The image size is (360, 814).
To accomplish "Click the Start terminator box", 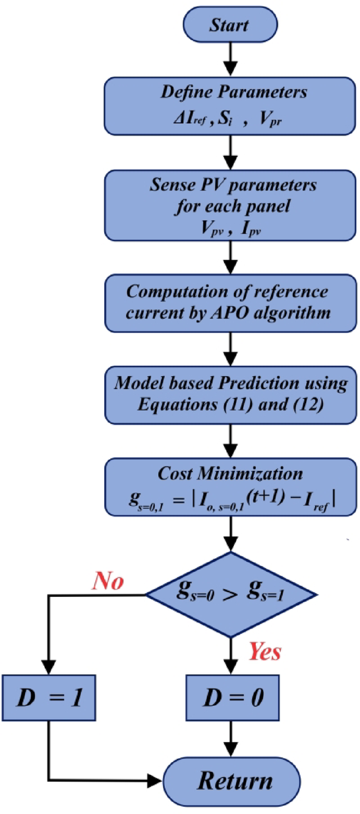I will (x=229, y=25).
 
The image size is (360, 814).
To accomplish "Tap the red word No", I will (x=108, y=580).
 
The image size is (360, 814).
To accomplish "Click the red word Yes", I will (x=264, y=652).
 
